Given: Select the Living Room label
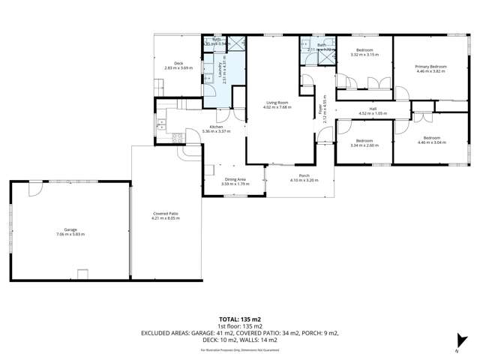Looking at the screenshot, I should tap(277, 103).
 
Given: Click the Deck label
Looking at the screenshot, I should tap(178, 63).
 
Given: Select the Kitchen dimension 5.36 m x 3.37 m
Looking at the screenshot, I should tap(216, 131).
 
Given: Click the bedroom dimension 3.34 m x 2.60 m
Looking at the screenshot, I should tap(364, 145).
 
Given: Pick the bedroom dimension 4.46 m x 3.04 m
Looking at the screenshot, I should tap(431, 142).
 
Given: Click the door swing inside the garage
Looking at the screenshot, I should tap(34, 190).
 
